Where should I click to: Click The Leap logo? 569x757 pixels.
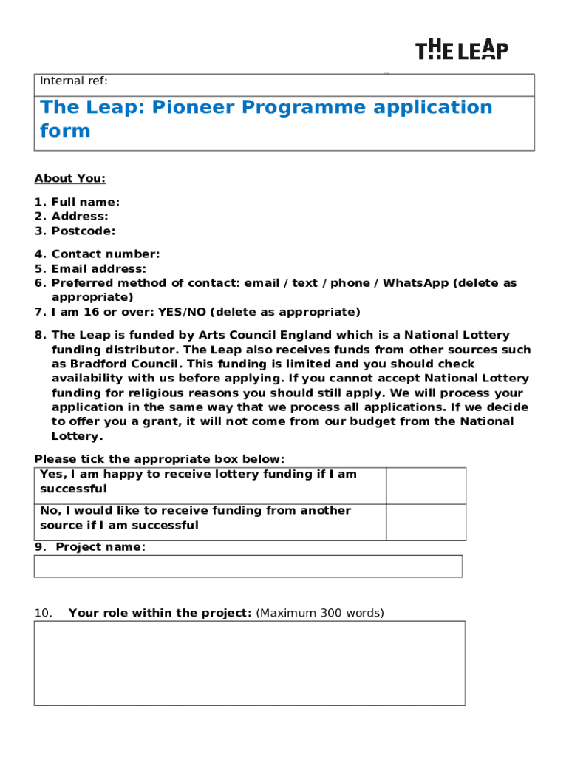[462, 50]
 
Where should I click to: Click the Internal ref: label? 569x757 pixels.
[73, 81]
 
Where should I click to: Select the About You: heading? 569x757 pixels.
[69, 178]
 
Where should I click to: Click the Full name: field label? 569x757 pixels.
[85, 202]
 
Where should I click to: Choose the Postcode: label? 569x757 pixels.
[84, 231]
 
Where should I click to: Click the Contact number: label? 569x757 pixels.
[105, 254]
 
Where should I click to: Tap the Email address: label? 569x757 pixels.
[98, 269]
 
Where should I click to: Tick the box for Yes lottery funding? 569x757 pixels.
[426, 486]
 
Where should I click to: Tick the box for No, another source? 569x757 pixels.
[426, 522]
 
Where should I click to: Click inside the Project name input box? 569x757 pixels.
[248, 566]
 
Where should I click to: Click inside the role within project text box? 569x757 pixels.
[249, 662]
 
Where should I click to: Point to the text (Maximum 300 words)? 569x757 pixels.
[319, 613]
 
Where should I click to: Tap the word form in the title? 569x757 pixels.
[65, 131]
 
